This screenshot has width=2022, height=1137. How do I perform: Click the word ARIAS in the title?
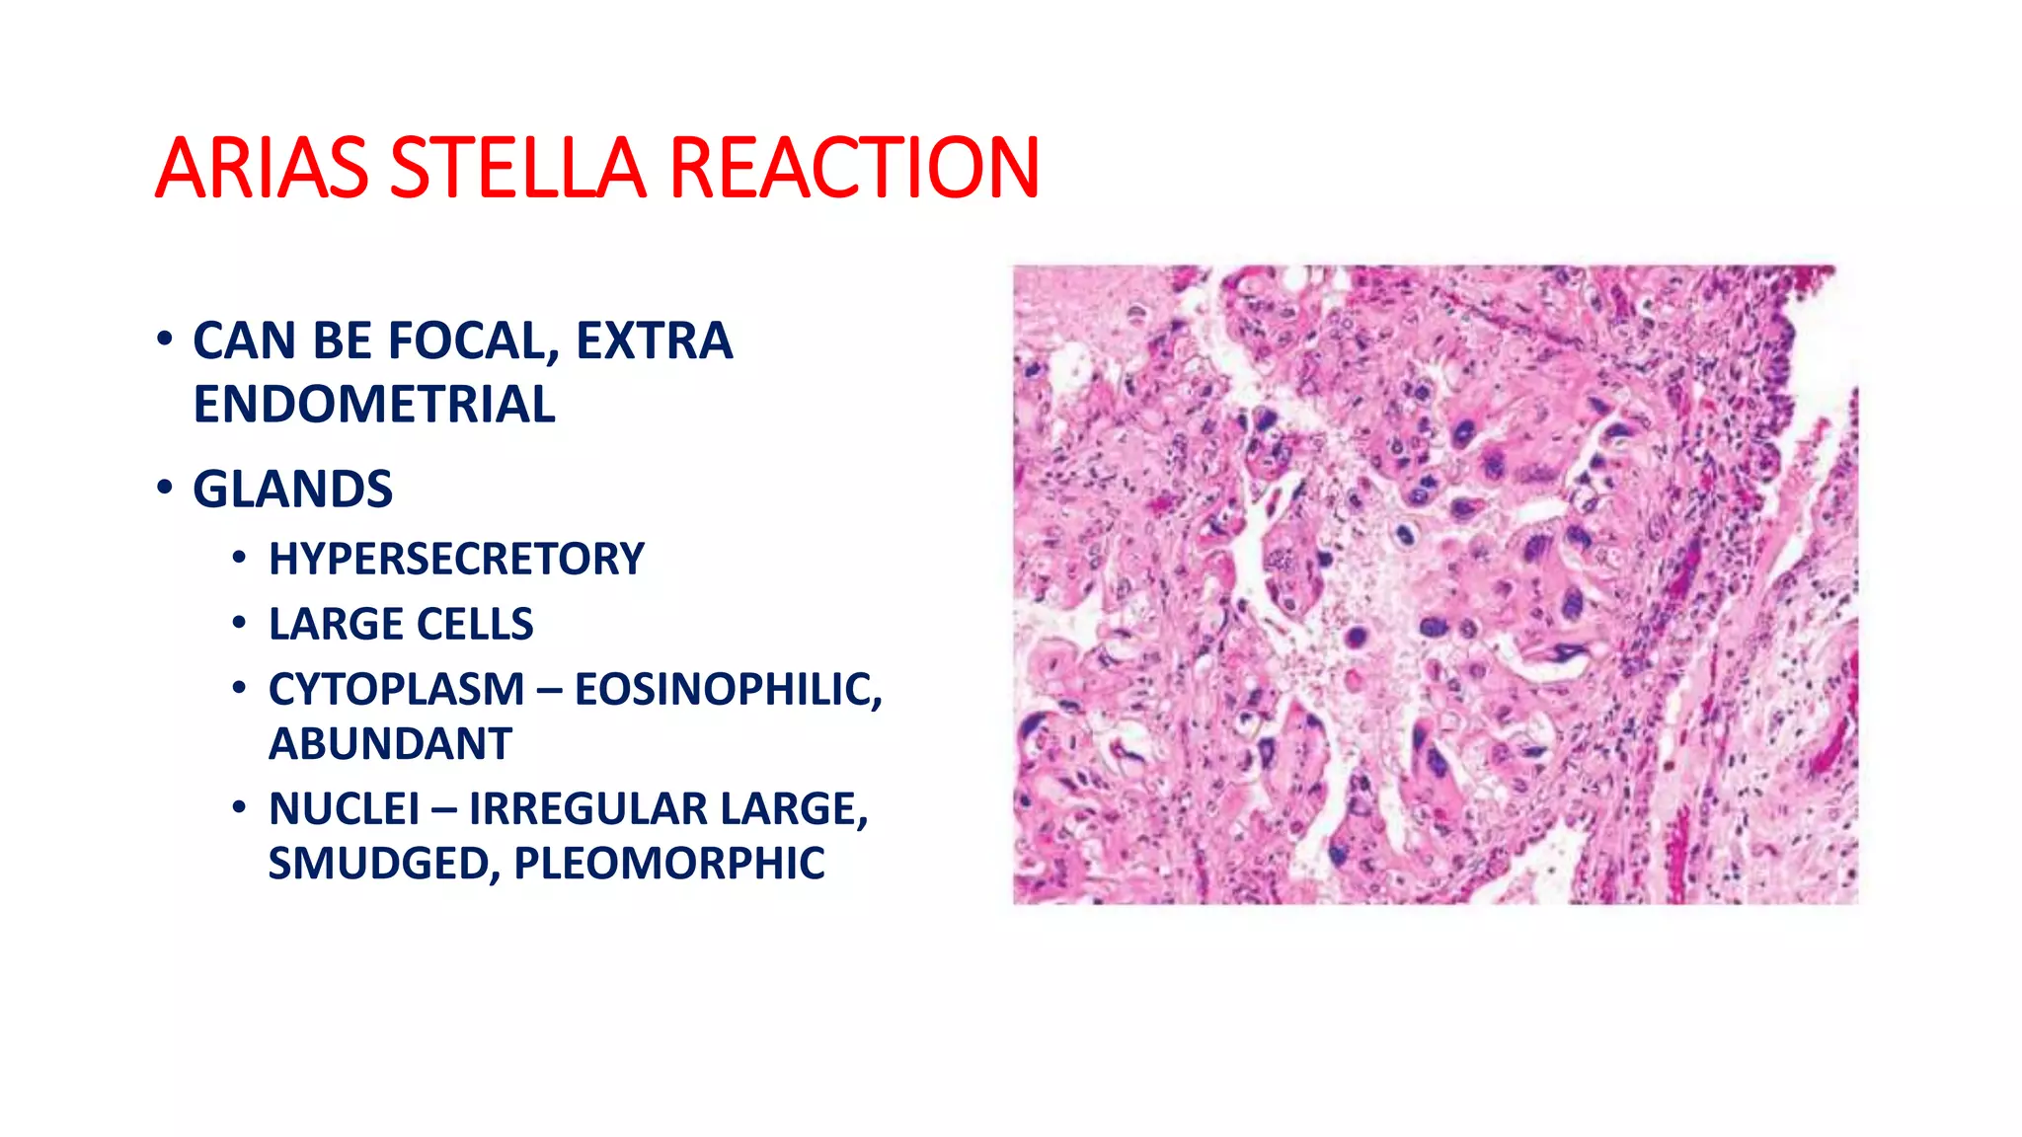click(x=262, y=168)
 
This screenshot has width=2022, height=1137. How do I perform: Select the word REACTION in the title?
click(x=853, y=168)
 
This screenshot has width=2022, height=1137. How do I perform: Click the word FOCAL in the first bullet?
click(x=474, y=341)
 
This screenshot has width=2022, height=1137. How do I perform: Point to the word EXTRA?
click(x=654, y=341)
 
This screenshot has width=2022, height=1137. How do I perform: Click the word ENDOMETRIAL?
click(x=374, y=405)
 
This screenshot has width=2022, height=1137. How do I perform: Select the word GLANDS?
click(x=292, y=490)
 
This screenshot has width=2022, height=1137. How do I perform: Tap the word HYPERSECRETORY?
click(x=456, y=560)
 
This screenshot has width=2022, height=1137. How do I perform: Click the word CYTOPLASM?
click(x=396, y=690)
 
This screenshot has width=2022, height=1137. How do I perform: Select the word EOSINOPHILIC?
click(x=728, y=690)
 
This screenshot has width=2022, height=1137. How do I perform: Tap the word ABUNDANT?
click(x=390, y=744)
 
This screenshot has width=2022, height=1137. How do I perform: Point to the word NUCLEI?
click(x=344, y=810)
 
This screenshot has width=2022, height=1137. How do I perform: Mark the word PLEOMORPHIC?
click(x=668, y=865)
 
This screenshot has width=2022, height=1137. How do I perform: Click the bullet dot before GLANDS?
click(x=165, y=488)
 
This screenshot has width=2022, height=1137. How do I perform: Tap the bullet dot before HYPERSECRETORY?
click(x=239, y=559)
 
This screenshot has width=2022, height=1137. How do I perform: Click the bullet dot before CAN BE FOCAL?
click(x=165, y=340)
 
